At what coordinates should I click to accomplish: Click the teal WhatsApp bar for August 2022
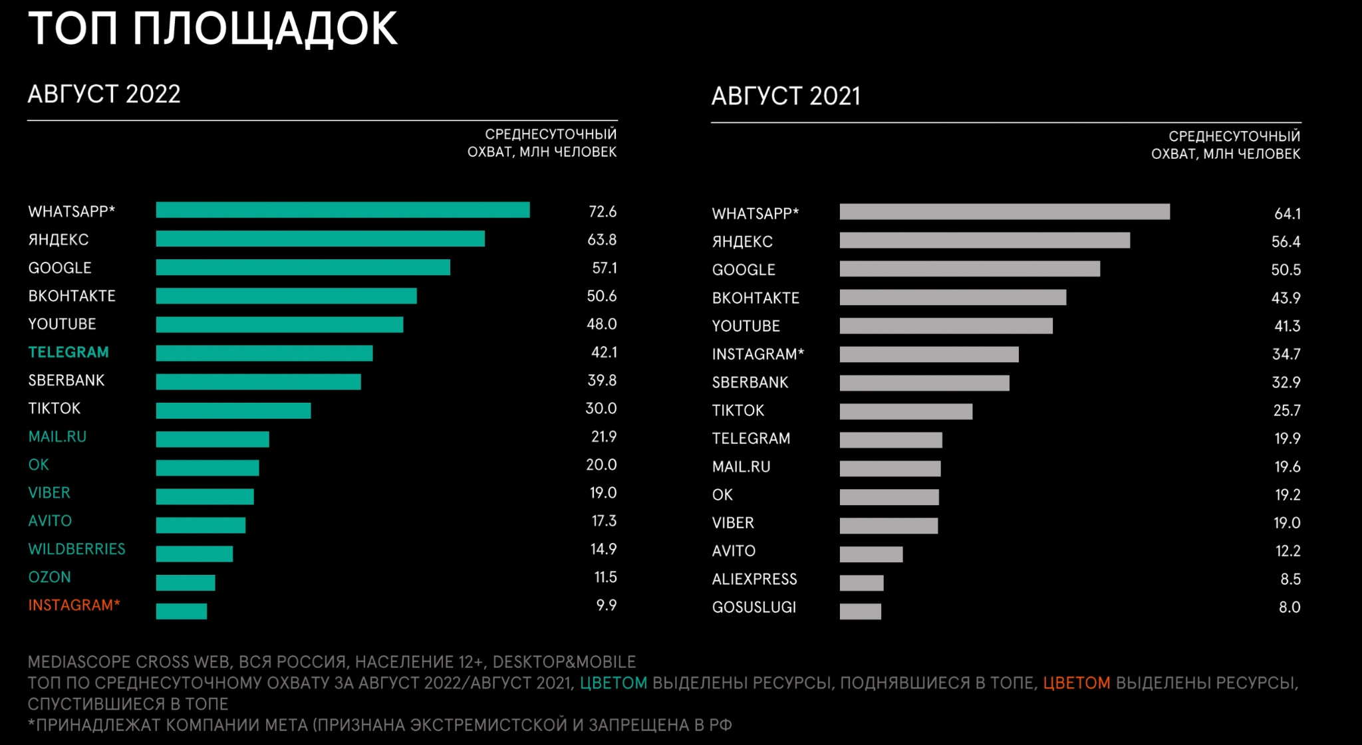point(342,210)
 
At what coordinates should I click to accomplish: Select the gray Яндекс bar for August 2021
point(984,241)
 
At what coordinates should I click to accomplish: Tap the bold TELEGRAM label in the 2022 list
point(68,352)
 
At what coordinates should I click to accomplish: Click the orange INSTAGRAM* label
point(74,605)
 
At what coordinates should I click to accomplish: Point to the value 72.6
point(603,212)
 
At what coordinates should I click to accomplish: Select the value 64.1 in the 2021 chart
point(1287,214)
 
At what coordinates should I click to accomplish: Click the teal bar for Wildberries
point(194,554)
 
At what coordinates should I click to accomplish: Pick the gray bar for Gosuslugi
point(860,611)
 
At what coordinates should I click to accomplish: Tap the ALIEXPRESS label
point(754,580)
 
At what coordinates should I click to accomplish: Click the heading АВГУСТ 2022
point(104,94)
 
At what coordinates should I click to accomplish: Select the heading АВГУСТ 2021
point(785,96)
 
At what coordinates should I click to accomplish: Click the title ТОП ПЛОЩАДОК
point(213,29)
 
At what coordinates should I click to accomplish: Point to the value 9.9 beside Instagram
point(606,605)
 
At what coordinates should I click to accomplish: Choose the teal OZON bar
point(186,583)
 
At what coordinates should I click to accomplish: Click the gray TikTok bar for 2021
point(906,411)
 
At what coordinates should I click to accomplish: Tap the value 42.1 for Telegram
point(604,352)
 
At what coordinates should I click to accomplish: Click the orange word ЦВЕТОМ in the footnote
point(1076,683)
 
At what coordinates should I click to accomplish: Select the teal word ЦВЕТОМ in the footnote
point(613,683)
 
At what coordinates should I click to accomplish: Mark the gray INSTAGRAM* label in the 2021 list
point(757,355)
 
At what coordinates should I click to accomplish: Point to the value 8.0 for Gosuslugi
point(1289,607)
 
